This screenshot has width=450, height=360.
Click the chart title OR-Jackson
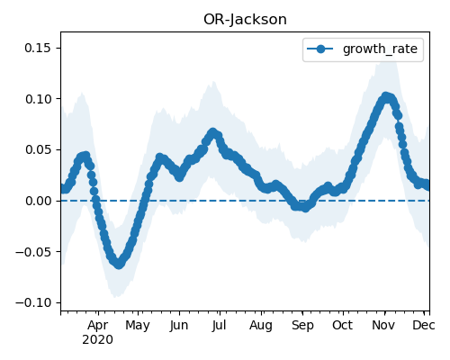click(x=245, y=20)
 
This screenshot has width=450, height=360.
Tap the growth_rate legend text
click(x=380, y=49)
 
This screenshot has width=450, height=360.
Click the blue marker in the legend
click(x=320, y=49)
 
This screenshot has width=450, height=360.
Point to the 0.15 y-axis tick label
click(x=38, y=48)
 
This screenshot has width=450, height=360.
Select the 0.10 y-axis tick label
click(x=38, y=99)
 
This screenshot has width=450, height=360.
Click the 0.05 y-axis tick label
click(x=38, y=149)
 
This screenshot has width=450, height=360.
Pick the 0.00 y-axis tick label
click(x=38, y=201)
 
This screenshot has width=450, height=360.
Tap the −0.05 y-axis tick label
click(x=33, y=251)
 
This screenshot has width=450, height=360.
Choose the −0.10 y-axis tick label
click(x=33, y=302)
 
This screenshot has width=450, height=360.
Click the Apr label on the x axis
click(x=98, y=325)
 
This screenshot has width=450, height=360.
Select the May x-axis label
click(x=138, y=325)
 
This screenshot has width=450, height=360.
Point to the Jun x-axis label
click(x=179, y=325)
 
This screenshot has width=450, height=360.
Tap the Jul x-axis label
click(x=220, y=325)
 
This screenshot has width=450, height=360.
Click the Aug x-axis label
click(x=261, y=325)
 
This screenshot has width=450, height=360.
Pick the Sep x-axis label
click(x=302, y=325)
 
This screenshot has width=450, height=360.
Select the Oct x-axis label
click(x=343, y=325)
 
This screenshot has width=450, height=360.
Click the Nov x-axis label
click(x=383, y=325)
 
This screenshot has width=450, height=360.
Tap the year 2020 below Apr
click(x=98, y=340)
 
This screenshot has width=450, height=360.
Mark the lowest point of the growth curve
click(x=119, y=265)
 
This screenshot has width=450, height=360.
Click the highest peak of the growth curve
click(x=386, y=97)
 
